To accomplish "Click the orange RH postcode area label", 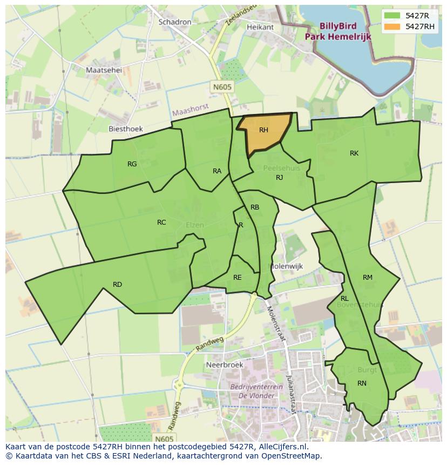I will click(263, 130).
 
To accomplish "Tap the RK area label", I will click(354, 153).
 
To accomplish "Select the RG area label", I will click(132, 164).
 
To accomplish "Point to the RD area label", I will click(117, 285).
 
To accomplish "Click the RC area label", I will click(161, 223).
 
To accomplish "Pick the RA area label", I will click(217, 171).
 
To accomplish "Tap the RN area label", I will click(362, 383).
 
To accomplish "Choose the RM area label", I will click(368, 278).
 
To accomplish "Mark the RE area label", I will click(238, 278).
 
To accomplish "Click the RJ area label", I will click(280, 178).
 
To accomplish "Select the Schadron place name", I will click(175, 22).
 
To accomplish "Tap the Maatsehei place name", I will click(104, 70).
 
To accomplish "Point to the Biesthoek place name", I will click(126, 129).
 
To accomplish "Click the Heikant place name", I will click(260, 27).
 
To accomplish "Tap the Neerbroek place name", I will click(225, 365).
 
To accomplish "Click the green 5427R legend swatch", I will click(392, 15).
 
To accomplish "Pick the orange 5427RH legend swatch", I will click(392, 26).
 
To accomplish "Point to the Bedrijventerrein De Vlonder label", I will click(253, 391).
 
